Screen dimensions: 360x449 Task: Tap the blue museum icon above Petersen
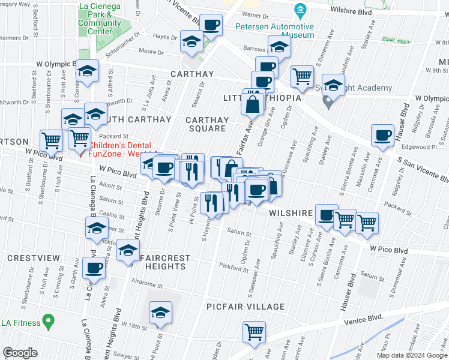point(300,10)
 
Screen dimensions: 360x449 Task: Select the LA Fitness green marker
point(49,322)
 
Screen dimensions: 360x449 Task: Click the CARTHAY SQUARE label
point(207,124)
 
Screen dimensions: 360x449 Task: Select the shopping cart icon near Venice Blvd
point(255,331)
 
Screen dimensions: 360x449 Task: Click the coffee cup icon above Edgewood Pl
point(382,135)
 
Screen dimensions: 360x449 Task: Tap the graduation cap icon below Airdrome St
point(160,312)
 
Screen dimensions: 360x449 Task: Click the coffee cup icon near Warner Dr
point(210,25)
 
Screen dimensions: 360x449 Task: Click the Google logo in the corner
point(20,352)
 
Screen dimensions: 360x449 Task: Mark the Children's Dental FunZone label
point(123,149)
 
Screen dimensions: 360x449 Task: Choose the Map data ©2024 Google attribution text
point(412,355)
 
